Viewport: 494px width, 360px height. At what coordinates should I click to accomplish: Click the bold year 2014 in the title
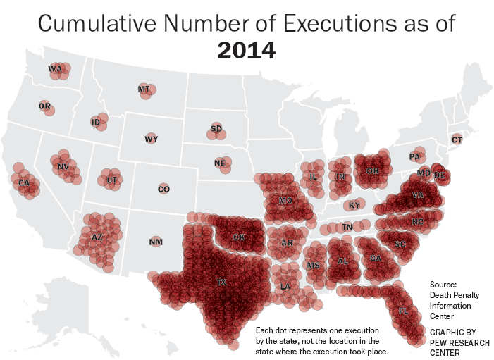tap(247, 51)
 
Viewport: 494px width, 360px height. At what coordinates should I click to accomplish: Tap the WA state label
tap(55, 68)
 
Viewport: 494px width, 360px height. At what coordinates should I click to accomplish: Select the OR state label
tap(45, 106)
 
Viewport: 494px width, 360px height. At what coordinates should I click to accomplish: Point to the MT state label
tap(144, 89)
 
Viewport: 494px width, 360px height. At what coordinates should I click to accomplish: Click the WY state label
tap(151, 139)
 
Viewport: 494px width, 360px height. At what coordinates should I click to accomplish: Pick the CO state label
tap(163, 189)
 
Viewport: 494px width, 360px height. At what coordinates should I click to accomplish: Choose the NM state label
tap(156, 242)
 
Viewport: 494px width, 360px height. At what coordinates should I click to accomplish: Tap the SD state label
tap(216, 128)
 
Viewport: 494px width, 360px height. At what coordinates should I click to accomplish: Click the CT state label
tap(457, 139)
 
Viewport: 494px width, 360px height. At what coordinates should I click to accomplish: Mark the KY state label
tap(354, 206)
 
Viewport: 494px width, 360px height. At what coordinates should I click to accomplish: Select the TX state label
tap(222, 282)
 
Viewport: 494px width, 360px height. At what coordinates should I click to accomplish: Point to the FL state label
tap(404, 311)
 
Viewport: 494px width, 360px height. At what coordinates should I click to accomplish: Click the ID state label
tap(96, 122)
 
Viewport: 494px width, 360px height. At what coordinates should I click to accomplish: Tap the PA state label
tap(414, 156)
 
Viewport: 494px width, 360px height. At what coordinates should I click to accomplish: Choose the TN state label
tap(347, 227)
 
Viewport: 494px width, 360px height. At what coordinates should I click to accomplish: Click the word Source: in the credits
tap(443, 284)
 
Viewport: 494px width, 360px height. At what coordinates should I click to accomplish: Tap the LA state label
tap(285, 287)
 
